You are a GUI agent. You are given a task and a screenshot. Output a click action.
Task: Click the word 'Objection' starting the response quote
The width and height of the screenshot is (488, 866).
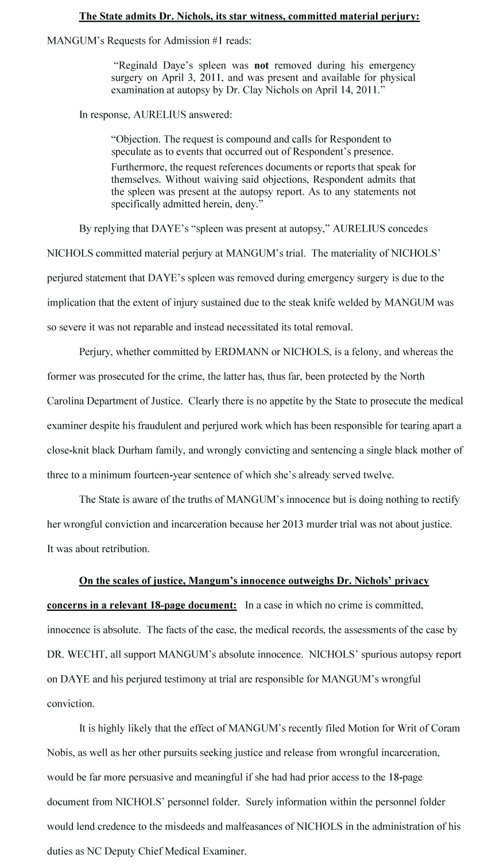(x=133, y=140)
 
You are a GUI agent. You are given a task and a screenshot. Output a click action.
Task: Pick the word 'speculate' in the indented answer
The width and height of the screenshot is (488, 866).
(x=131, y=152)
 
